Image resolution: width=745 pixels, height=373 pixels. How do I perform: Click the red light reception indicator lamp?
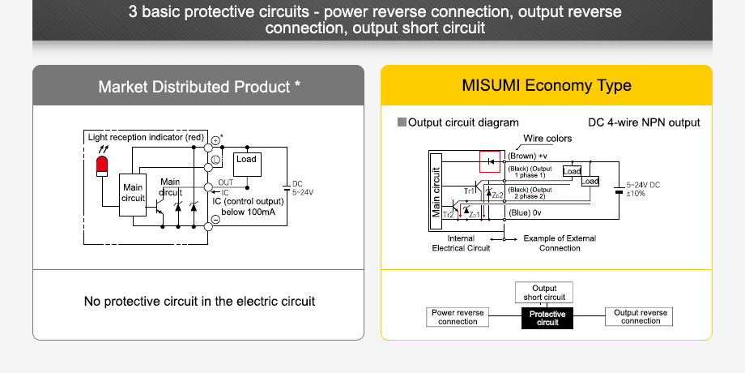[101, 167]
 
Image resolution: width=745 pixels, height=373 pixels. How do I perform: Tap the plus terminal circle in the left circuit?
[215, 141]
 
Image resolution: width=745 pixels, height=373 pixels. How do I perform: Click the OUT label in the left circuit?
[226, 183]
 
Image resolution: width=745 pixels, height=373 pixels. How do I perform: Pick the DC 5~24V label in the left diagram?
[301, 188]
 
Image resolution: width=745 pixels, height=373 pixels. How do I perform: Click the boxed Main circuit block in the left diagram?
[133, 194]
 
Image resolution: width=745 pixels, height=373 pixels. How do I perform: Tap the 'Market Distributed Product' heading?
[199, 86]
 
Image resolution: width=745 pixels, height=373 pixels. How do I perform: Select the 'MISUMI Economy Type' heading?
[546, 86]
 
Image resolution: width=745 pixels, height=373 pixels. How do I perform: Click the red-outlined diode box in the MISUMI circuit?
[491, 161]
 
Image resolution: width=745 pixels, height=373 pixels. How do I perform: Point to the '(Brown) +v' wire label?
[527, 156]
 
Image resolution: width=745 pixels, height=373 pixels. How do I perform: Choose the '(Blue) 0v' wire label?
[524, 212]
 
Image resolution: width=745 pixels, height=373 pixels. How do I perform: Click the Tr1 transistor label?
[469, 190]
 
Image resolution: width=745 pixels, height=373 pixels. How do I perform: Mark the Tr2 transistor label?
[448, 214]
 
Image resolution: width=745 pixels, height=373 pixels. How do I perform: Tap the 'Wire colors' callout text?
[547, 139]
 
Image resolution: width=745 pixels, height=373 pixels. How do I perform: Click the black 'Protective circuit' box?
[547, 318]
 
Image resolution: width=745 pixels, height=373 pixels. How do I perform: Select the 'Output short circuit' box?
[543, 293]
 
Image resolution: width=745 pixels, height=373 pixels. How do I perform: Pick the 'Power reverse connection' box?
[458, 317]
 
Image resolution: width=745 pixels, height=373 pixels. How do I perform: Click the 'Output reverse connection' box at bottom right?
[640, 317]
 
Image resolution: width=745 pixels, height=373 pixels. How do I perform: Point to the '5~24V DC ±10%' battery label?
[643, 190]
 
